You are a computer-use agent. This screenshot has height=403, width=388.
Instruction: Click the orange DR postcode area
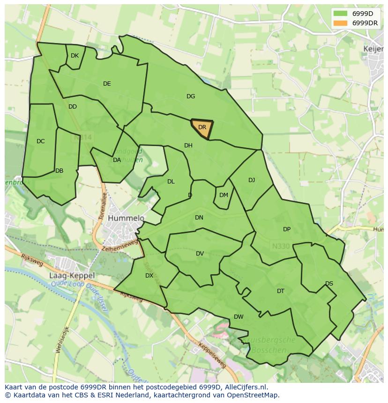click(x=202, y=129)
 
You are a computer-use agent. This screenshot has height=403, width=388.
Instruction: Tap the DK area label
click(x=75, y=56)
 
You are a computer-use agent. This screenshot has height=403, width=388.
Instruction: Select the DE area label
click(x=107, y=84)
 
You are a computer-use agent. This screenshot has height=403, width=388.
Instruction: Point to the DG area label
click(x=190, y=96)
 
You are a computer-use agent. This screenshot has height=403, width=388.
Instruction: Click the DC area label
click(x=41, y=141)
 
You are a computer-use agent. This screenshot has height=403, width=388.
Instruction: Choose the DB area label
click(x=59, y=171)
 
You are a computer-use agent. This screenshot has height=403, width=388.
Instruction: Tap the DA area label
click(x=117, y=160)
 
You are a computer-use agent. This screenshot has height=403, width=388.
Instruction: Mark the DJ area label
click(x=252, y=180)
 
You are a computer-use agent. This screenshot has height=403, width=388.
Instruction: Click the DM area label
click(x=224, y=195)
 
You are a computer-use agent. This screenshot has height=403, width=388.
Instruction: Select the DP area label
click(x=287, y=229)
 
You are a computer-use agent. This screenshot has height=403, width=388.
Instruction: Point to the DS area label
click(x=329, y=284)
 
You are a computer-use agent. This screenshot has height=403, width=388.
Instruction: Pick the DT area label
click(x=280, y=291)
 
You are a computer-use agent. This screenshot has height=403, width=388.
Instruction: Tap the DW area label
click(x=239, y=317)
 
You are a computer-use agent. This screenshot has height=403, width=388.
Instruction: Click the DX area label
click(x=149, y=276)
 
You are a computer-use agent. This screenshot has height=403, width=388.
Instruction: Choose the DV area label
click(x=200, y=254)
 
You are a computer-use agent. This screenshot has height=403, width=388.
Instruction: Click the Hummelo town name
click(x=126, y=218)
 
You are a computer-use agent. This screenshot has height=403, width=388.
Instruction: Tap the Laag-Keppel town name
click(x=72, y=276)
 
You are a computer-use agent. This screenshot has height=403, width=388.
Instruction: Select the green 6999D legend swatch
click(x=341, y=14)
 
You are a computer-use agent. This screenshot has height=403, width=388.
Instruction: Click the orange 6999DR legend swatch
click(x=341, y=23)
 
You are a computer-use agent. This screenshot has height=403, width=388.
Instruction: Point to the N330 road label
click(x=281, y=246)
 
